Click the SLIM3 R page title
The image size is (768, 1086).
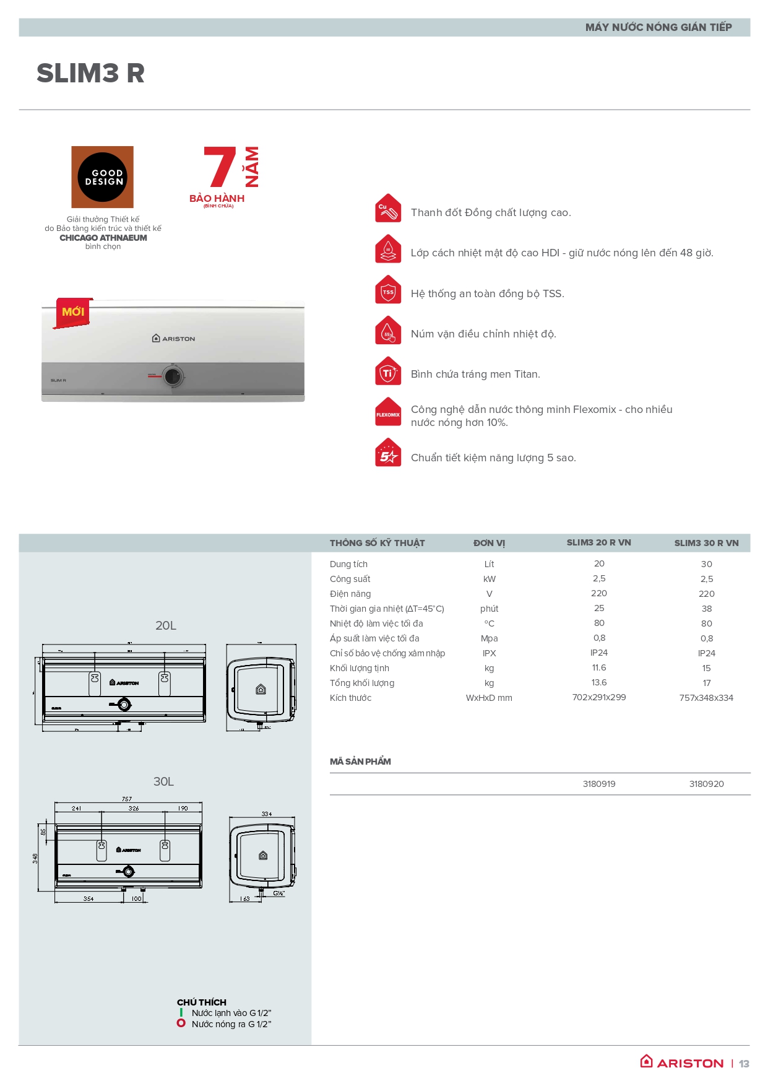[90, 73]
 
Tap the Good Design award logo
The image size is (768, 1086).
[103, 177]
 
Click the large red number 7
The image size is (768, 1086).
[220, 167]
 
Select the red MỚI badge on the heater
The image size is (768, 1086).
[73, 312]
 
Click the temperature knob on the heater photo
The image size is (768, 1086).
[173, 376]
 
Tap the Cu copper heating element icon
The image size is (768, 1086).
[388, 209]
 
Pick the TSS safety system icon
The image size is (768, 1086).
[388, 290]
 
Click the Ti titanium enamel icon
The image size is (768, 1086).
[388, 371]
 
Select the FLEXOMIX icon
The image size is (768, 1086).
[388, 413]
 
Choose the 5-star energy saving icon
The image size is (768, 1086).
[388, 454]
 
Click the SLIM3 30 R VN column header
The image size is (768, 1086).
[706, 543]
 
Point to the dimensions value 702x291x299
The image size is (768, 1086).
[599, 697]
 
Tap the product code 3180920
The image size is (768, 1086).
[706, 784]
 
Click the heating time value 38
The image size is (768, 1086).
[707, 609]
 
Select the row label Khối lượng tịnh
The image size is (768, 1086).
[360, 668]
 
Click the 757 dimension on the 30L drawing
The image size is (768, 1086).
[127, 799]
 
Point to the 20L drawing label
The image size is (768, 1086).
[166, 625]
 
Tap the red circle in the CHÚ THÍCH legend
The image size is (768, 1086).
[181, 1023]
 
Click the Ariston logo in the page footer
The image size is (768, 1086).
[682, 1062]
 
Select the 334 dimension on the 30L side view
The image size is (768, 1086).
[267, 814]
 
